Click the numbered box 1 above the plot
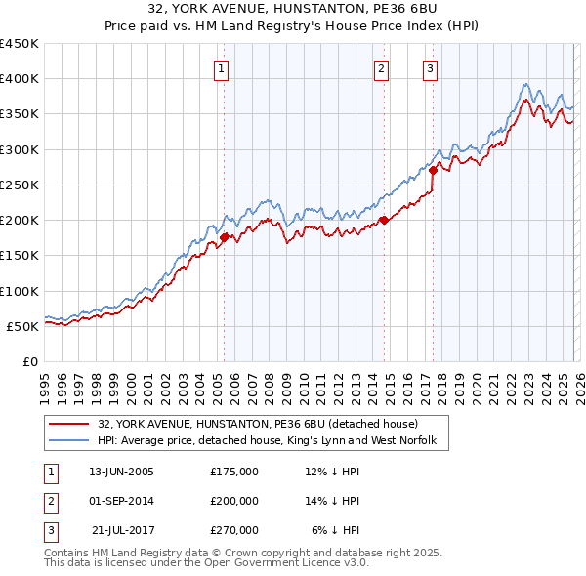[223, 68]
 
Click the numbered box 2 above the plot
[381, 68]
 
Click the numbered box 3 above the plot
[430, 68]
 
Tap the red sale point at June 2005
[224, 237]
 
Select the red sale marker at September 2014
[384, 220]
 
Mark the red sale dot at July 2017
[433, 170]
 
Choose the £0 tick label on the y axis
[32, 361]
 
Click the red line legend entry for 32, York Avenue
[258, 424]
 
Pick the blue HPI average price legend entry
[272, 440]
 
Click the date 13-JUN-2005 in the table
[121, 472]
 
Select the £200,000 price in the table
[234, 501]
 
